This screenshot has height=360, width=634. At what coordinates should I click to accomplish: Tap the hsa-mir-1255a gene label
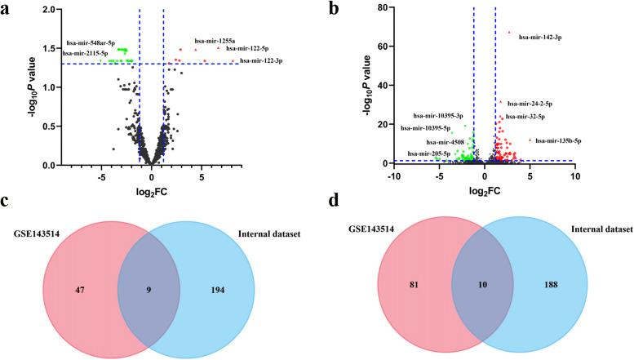215,40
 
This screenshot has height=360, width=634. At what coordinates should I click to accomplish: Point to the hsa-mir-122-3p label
262,61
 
